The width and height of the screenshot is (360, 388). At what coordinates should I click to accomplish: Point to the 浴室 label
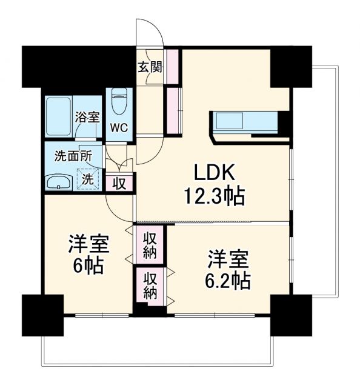click(87, 118)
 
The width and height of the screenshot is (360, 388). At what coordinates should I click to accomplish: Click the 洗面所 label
click(74, 156)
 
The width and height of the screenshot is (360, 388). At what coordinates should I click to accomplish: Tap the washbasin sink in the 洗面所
click(59, 181)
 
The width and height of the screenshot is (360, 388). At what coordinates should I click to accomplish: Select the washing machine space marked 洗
click(89, 179)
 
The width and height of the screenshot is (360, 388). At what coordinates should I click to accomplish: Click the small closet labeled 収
click(119, 182)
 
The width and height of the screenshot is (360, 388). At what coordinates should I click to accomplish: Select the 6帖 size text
click(88, 265)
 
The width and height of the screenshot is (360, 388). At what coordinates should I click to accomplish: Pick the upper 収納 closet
click(150, 244)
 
